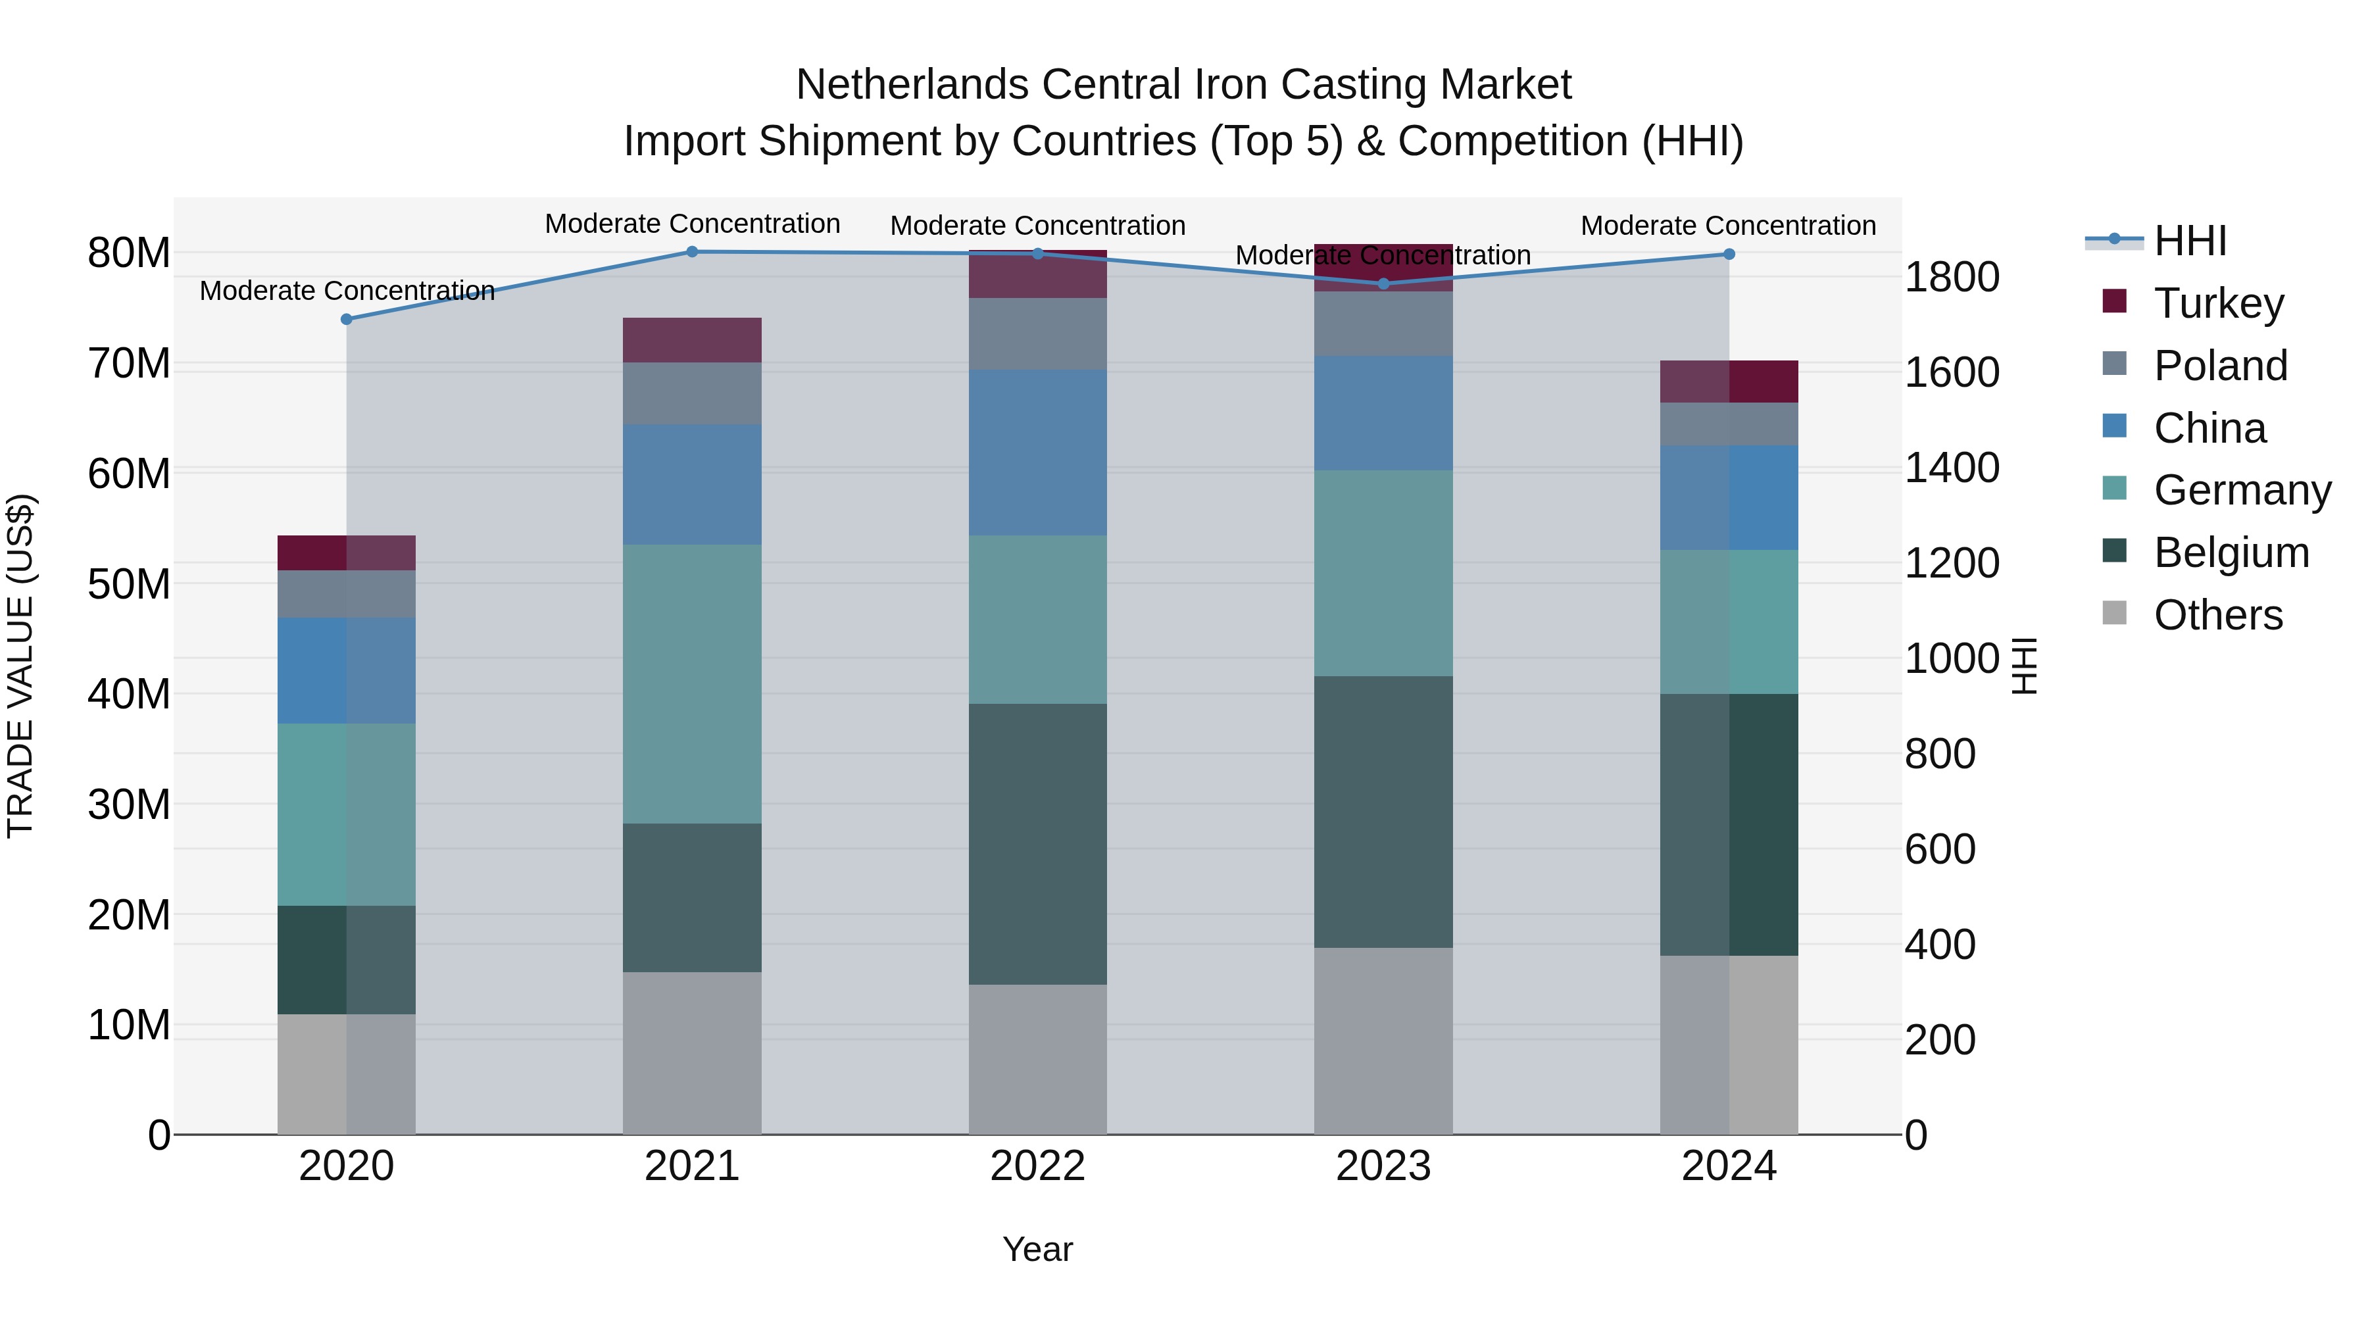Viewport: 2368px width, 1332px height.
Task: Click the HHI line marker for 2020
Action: point(347,319)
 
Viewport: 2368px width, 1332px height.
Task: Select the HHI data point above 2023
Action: point(1383,284)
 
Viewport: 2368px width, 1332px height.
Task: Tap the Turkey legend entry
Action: point(2218,303)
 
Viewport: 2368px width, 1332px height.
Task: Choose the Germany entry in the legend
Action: point(2241,490)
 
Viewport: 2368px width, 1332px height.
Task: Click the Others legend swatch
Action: point(2114,613)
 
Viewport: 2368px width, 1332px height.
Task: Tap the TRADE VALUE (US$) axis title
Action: point(20,666)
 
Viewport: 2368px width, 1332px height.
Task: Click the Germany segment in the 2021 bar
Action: point(691,684)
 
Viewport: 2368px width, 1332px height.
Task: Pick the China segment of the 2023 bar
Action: point(1383,414)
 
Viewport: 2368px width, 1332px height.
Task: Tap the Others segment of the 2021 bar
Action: point(691,1054)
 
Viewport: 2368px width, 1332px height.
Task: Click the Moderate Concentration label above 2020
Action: point(347,291)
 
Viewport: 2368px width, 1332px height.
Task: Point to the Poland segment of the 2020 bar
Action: point(347,594)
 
